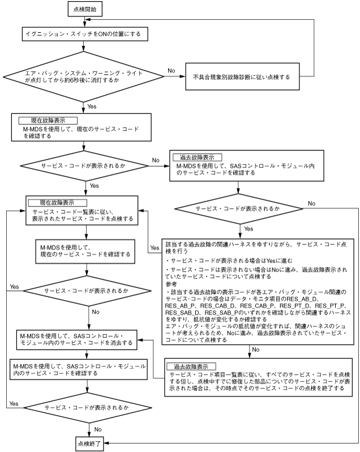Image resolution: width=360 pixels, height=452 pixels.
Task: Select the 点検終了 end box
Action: point(87,441)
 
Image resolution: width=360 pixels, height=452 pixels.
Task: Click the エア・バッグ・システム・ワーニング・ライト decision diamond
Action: point(85,76)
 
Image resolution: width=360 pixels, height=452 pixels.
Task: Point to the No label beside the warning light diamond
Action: point(171,70)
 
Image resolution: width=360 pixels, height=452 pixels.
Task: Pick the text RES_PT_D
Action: point(285,304)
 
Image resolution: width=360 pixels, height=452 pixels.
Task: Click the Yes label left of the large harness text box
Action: point(154,248)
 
